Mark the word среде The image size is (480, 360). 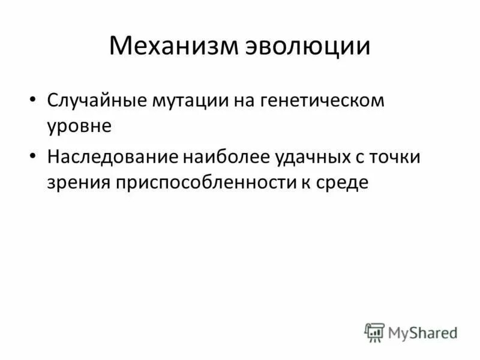340,183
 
